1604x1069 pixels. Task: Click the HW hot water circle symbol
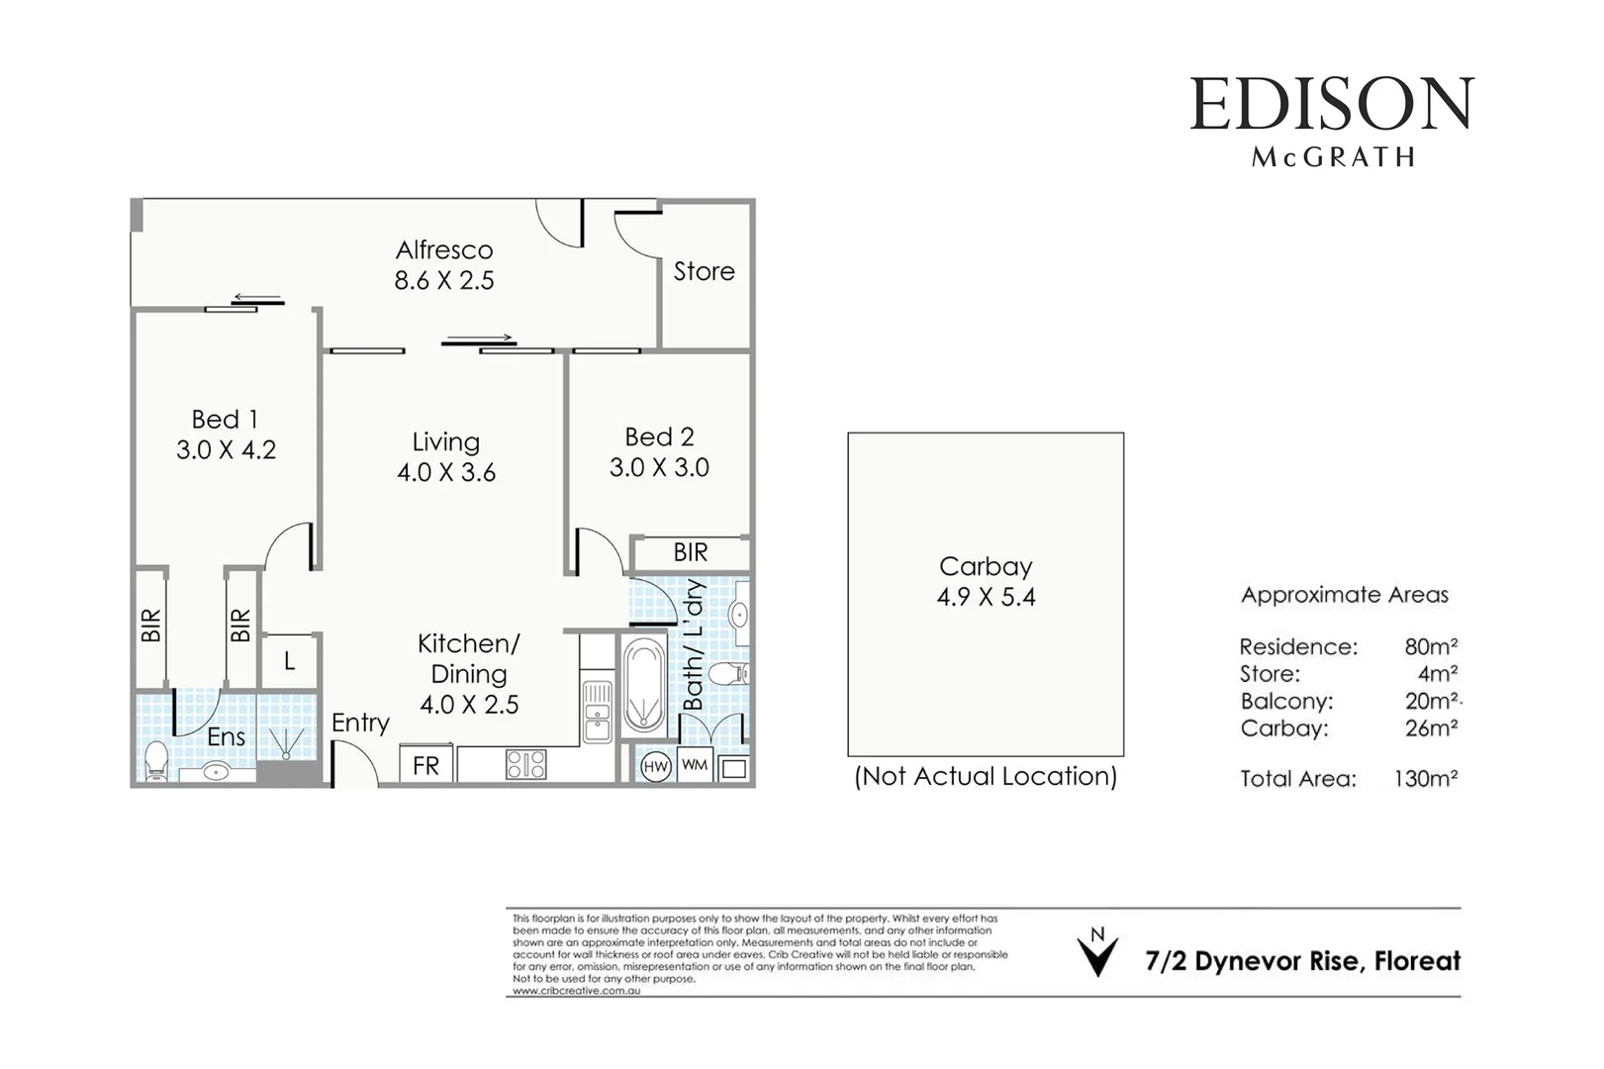[x=656, y=767]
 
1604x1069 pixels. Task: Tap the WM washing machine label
[x=695, y=765]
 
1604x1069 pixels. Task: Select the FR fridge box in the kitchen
[x=426, y=766]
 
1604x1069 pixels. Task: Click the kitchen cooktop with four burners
[x=525, y=764]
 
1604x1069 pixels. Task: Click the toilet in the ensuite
[x=155, y=762]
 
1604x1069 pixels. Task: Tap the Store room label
[x=704, y=271]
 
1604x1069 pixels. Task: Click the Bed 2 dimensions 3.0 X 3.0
[x=659, y=467]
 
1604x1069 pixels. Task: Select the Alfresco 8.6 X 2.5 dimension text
[x=444, y=281]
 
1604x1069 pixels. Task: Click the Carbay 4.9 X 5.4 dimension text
[x=986, y=597]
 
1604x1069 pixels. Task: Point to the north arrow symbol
[x=1097, y=954]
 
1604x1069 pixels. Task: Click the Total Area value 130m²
[x=1425, y=779]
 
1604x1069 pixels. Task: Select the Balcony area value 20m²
[x=1431, y=701]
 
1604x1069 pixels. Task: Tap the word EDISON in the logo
[x=1331, y=105]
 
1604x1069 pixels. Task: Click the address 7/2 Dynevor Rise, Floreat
[x=1302, y=961]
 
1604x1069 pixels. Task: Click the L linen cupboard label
[x=289, y=661]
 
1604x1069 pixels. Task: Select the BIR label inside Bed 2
[x=691, y=552]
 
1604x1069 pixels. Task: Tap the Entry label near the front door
[x=360, y=724]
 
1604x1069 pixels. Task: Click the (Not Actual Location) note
[x=986, y=776]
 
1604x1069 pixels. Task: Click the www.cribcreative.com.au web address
[x=576, y=991]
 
